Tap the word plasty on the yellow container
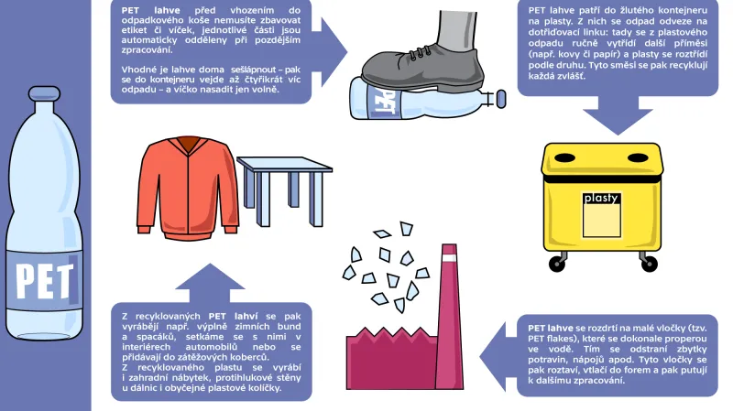(x=601, y=197)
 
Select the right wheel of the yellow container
(x=641, y=265)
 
